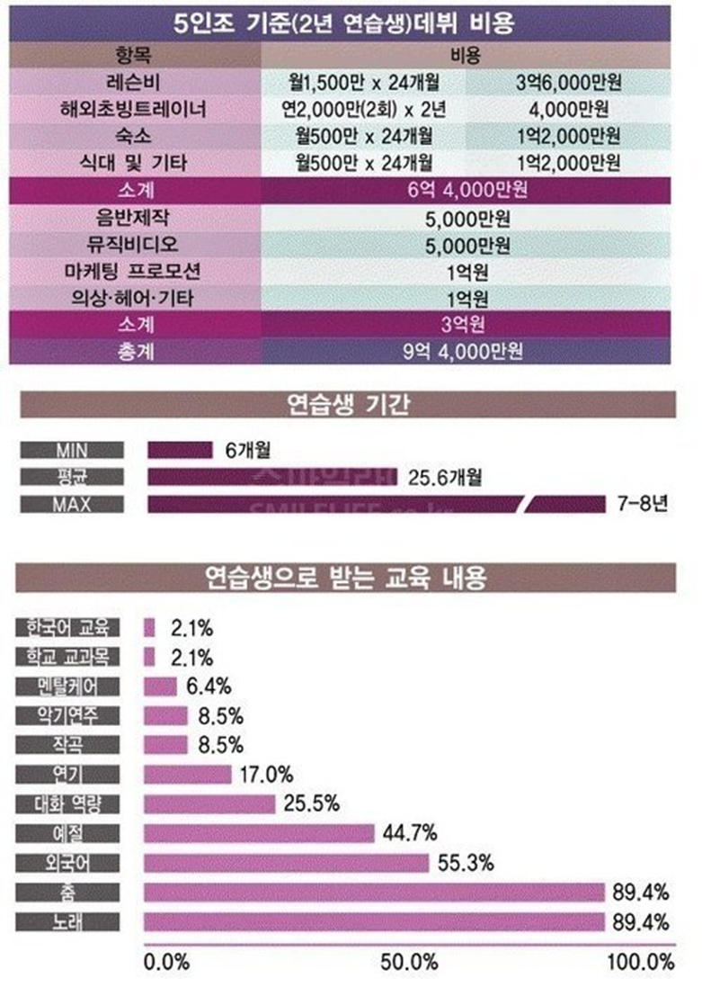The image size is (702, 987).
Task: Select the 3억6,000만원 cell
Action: pyautogui.click(x=570, y=84)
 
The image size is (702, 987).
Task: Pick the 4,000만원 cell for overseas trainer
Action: pyautogui.click(x=570, y=111)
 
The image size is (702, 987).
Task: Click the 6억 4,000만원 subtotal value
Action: pyautogui.click(x=467, y=191)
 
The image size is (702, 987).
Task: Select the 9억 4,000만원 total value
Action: pyautogui.click(x=467, y=350)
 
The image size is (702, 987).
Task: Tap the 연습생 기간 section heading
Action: pyautogui.click(x=346, y=405)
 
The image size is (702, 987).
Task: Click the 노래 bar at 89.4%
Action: pyautogui.click(x=374, y=921)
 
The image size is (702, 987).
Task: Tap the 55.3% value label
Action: pyautogui.click(x=467, y=863)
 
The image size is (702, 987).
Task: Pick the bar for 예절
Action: pyautogui.click(x=259, y=833)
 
